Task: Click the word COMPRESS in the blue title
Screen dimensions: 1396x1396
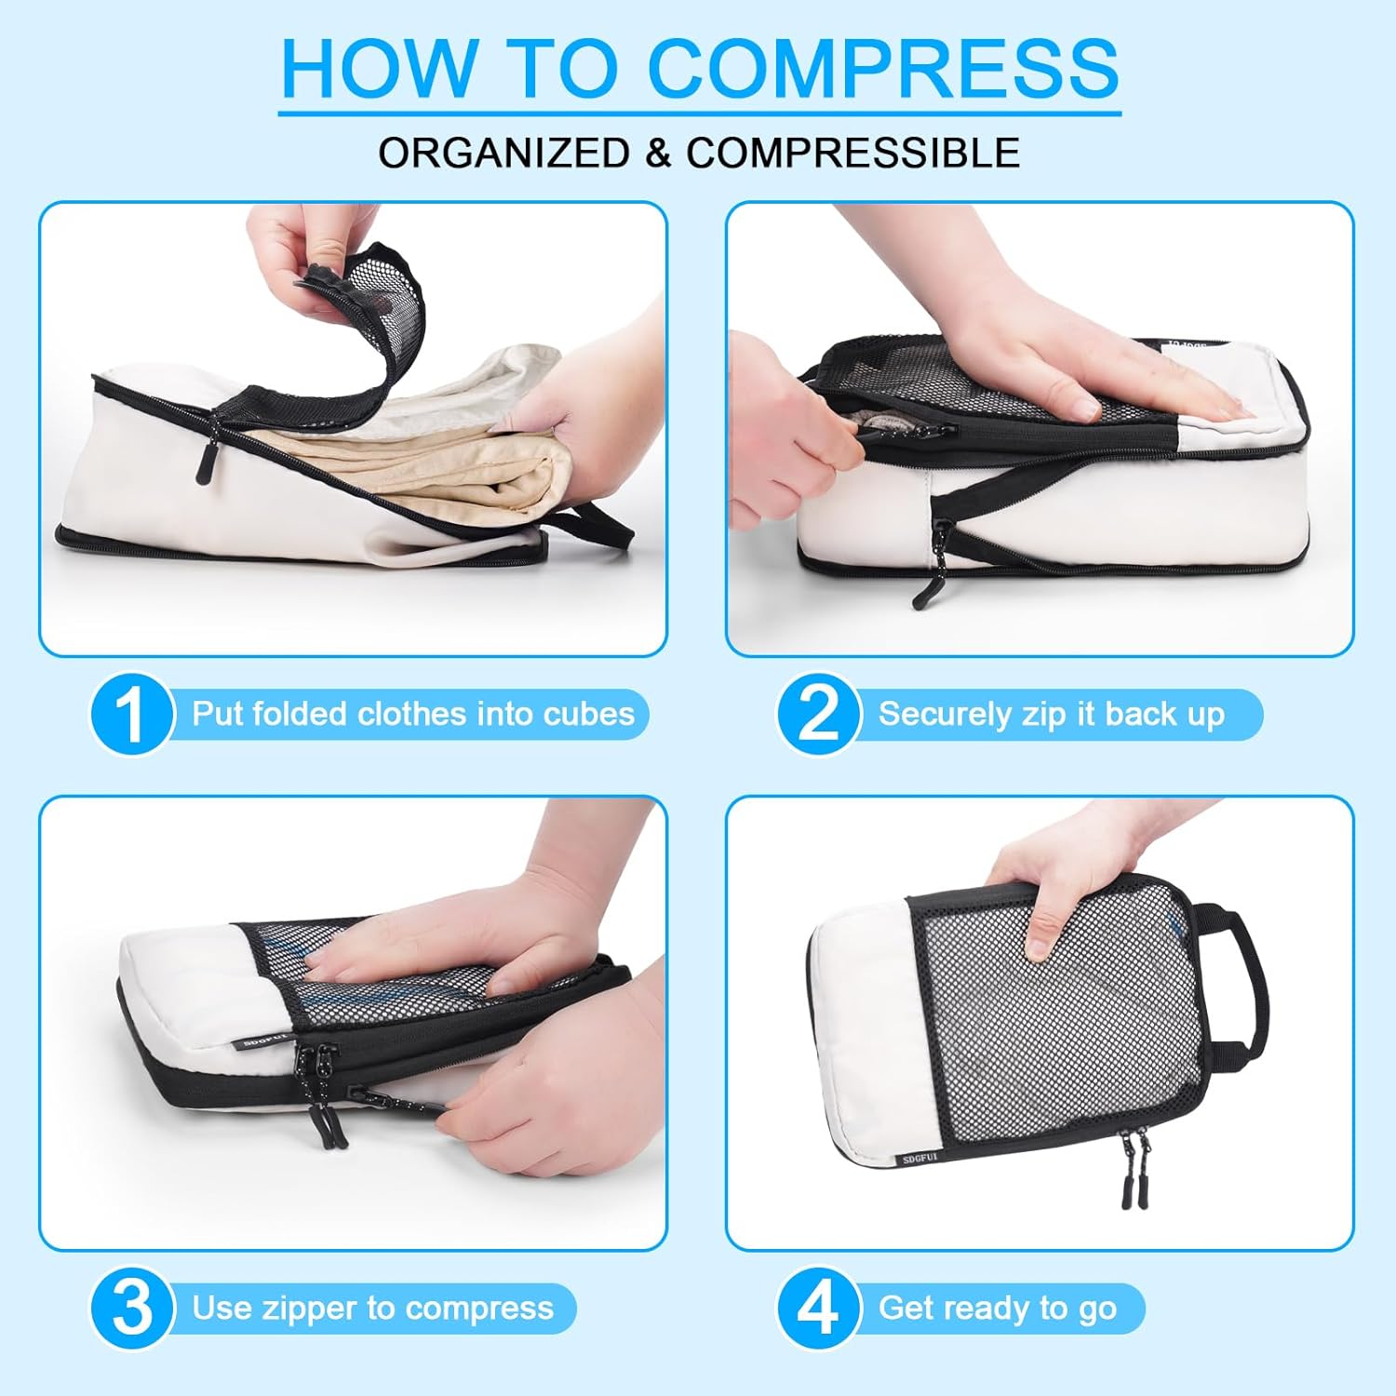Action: click(x=882, y=67)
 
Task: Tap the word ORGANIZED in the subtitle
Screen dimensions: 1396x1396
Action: click(x=503, y=153)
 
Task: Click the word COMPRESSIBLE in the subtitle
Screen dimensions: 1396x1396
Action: click(x=852, y=153)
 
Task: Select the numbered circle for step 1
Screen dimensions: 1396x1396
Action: click(x=131, y=715)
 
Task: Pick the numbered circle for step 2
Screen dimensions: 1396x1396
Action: click(x=817, y=715)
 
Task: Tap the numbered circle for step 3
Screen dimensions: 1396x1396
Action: click(x=131, y=1308)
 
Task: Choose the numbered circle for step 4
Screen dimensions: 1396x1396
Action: click(x=817, y=1308)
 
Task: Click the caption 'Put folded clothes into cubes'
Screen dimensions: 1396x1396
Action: click(x=412, y=714)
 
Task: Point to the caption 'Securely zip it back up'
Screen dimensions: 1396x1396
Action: click(x=1051, y=714)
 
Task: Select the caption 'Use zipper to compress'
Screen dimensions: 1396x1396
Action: click(x=372, y=1308)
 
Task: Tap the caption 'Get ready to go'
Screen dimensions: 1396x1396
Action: click(x=997, y=1308)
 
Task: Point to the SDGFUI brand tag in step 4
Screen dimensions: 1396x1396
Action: click(x=920, y=1159)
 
